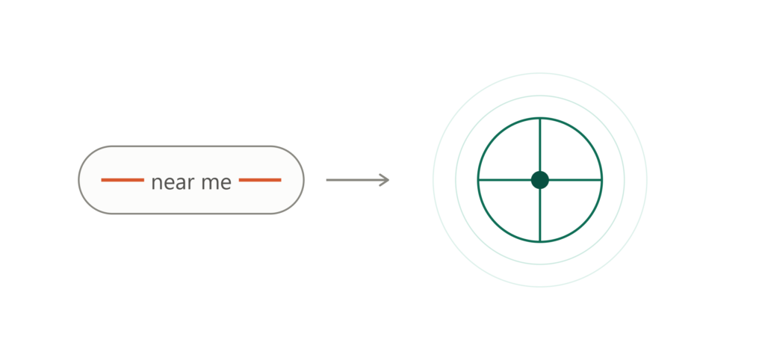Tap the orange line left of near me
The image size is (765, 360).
pos(123,180)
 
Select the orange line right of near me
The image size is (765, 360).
pos(260,180)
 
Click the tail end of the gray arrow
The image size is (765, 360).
pos(326,180)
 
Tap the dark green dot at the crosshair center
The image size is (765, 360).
pos(540,180)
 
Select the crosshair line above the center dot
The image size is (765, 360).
pos(540,144)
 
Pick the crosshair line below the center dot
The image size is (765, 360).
pos(540,215)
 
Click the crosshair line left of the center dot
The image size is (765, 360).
pos(504,180)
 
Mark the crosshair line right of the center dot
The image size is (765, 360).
pos(576,180)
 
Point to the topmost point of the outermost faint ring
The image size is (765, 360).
pos(540,73)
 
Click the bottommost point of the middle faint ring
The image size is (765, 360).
pos(540,264)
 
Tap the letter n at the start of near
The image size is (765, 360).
pos(156,184)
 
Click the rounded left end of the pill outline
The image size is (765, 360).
pos(79,180)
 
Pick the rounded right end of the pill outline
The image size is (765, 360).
pos(303,180)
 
